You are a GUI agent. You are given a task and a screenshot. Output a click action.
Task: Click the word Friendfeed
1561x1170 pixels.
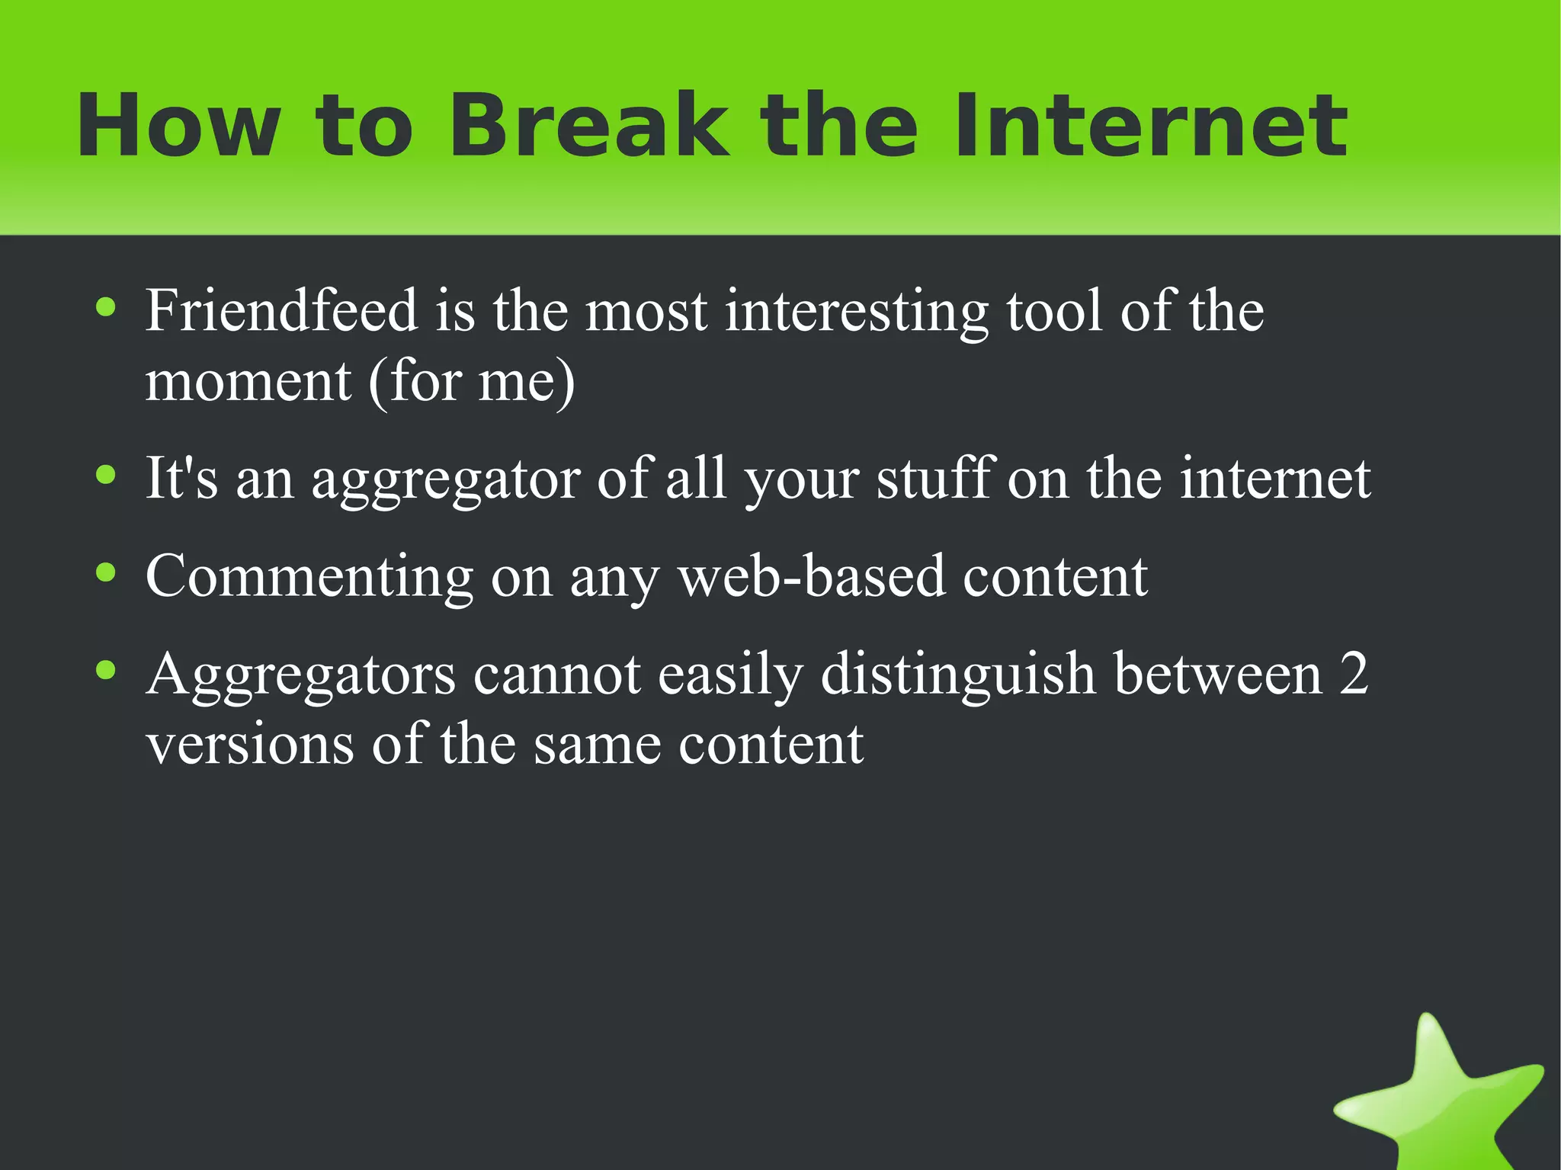(x=281, y=311)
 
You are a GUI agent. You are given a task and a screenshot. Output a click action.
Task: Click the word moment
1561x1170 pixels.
(x=248, y=381)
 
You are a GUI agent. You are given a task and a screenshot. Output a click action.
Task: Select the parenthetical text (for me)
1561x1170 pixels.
(x=471, y=381)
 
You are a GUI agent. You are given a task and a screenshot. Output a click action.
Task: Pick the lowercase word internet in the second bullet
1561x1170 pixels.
(x=1274, y=479)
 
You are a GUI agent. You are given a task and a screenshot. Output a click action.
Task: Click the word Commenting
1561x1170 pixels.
(x=309, y=578)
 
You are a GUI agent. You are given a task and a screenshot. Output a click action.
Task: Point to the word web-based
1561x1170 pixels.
(x=811, y=576)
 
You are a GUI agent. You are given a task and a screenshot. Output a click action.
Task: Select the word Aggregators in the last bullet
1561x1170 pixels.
(x=300, y=675)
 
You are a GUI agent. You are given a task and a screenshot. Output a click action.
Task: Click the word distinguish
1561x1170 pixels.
(x=957, y=675)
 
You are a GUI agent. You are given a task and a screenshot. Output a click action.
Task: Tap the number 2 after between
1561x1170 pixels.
(x=1354, y=674)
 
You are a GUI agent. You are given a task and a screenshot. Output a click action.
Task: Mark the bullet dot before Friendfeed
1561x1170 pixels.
(x=106, y=307)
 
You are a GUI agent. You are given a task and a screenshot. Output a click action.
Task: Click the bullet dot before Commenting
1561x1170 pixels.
(x=106, y=572)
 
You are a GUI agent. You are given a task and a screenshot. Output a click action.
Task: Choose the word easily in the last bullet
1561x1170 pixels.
(x=730, y=675)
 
